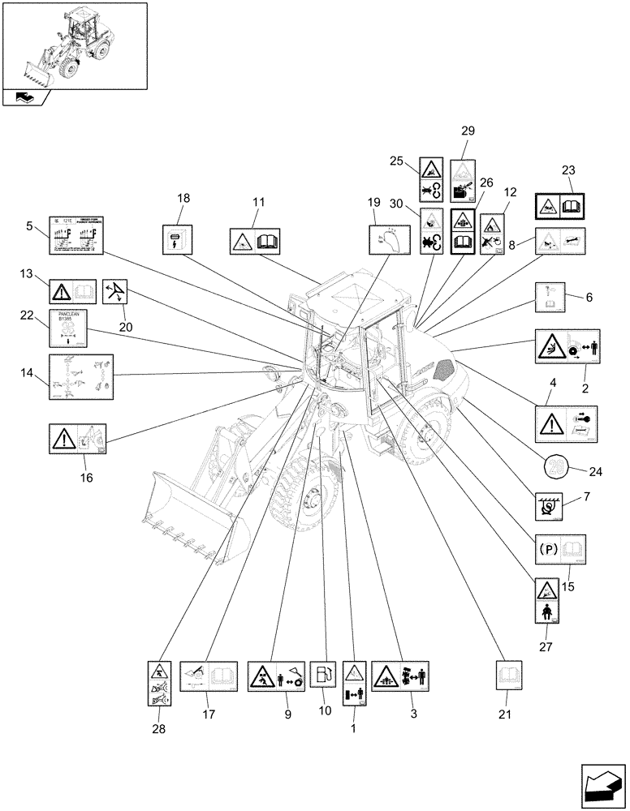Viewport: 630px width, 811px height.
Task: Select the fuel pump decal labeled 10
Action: point(323,674)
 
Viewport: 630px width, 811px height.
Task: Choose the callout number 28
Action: point(158,729)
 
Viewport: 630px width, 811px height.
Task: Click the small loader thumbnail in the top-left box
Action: point(75,44)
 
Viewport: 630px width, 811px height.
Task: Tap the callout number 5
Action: point(31,226)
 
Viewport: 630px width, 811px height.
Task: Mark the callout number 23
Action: point(567,170)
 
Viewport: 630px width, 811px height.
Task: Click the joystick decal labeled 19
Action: point(387,238)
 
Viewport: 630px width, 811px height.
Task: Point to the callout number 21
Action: point(508,714)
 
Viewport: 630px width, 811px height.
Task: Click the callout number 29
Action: point(468,130)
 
